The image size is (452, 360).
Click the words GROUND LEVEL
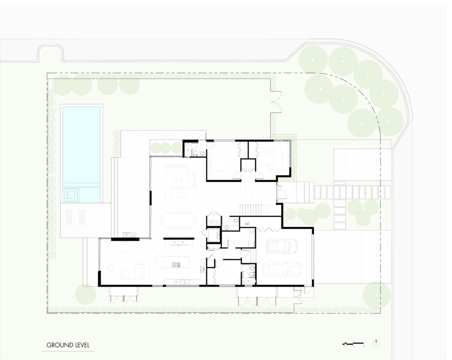(68, 345)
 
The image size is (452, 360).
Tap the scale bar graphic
(353, 343)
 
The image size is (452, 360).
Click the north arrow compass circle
(376, 343)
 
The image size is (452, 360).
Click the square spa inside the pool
(72, 193)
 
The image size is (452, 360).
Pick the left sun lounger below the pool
(69, 216)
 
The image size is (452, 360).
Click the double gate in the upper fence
(276, 102)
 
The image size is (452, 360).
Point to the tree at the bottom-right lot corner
(376, 295)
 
